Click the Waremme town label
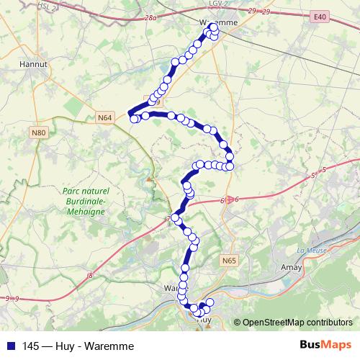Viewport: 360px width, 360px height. click(x=217, y=23)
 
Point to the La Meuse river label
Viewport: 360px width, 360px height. click(x=310, y=251)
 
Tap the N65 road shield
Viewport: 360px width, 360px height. click(x=229, y=260)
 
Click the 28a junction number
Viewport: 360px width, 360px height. click(x=150, y=17)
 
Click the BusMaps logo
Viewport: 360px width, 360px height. click(x=325, y=345)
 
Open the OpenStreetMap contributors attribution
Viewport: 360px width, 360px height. click(x=297, y=322)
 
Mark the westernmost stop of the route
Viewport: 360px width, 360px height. click(x=134, y=119)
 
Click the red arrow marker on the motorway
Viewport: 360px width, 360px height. click(x=230, y=200)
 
